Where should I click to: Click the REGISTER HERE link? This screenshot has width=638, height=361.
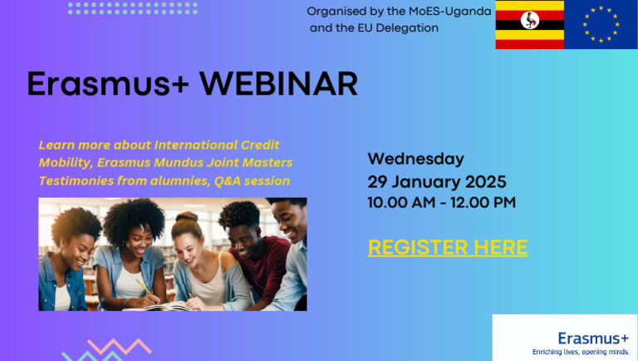pos(448,247)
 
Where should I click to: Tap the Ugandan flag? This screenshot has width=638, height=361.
pos(529,25)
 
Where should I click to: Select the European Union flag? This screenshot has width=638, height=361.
pos(601,25)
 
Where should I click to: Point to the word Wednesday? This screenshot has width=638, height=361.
pos(415,159)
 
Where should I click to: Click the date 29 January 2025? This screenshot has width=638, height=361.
pos(437,181)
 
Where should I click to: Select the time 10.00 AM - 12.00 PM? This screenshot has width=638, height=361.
pos(441,202)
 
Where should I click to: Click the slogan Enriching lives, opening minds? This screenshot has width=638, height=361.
pos(581,352)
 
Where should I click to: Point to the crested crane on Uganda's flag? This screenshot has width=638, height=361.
pos(529,25)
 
